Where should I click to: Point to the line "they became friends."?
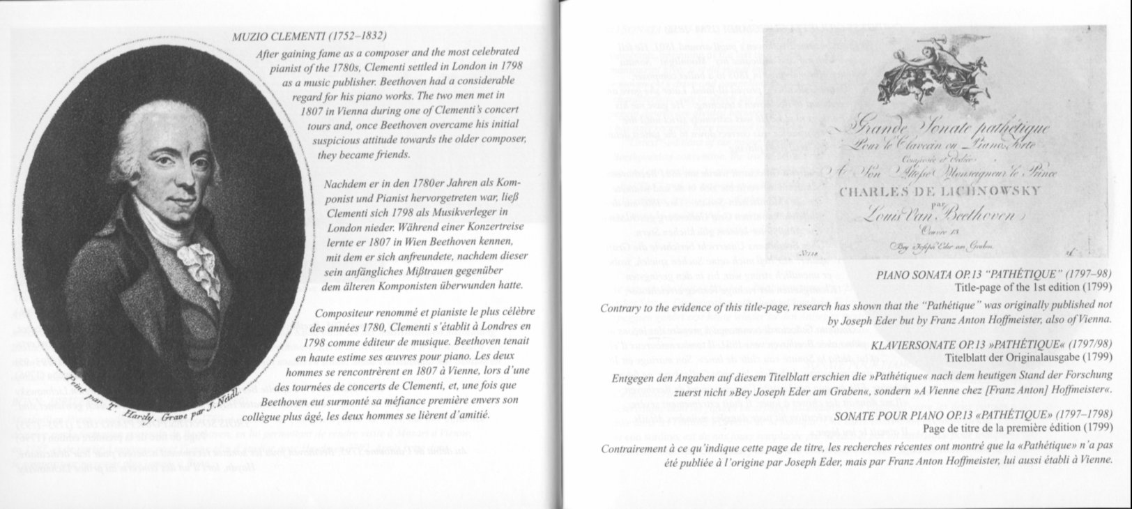[365, 155]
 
